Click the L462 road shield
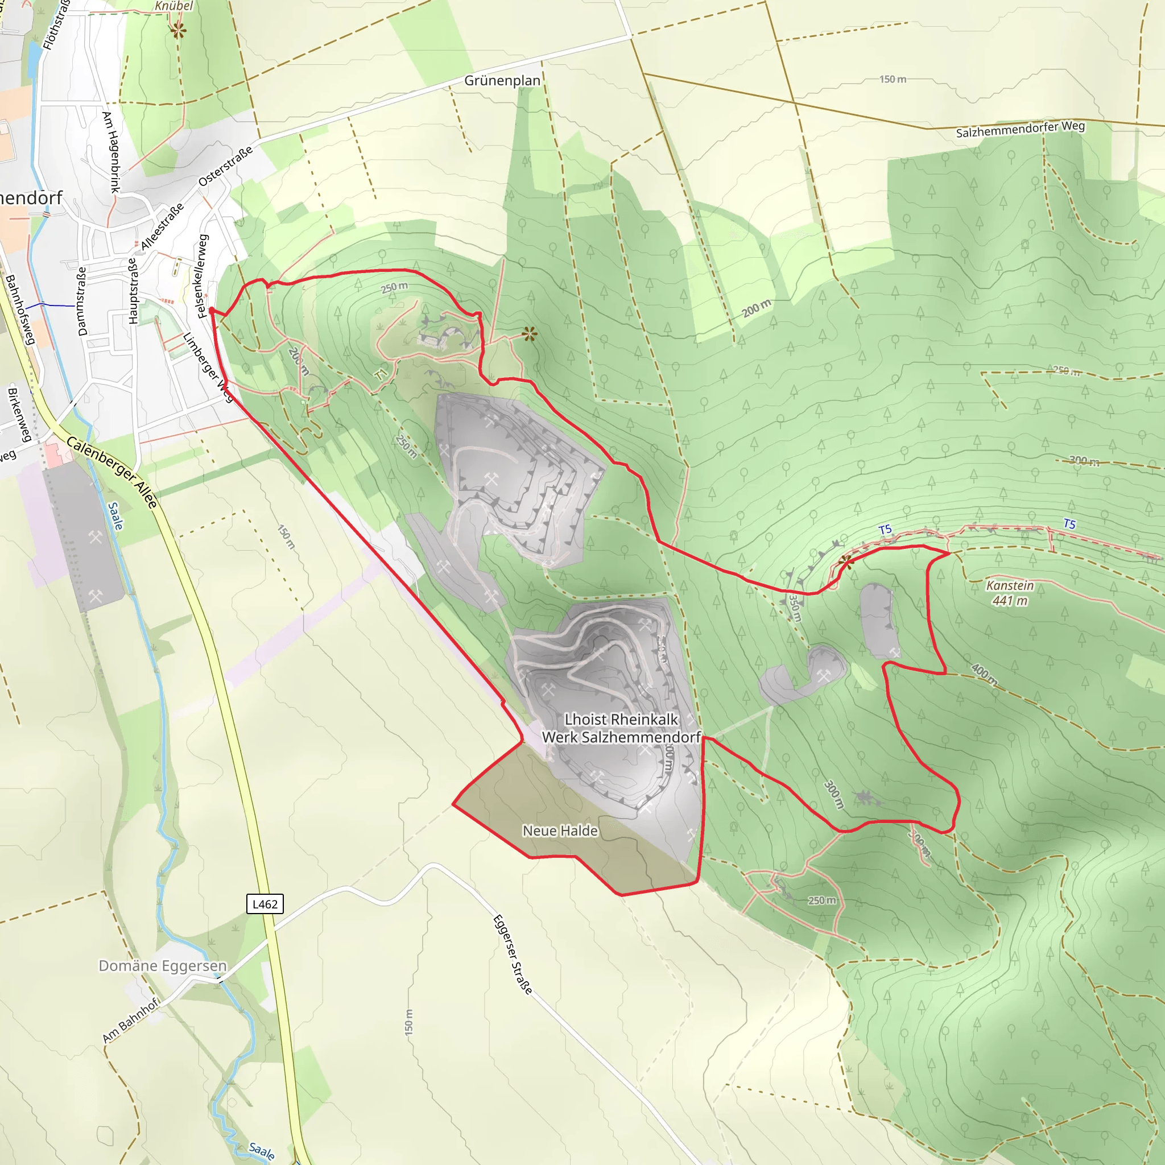coord(265,904)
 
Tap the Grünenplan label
coord(502,80)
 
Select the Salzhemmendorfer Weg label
coord(1021,129)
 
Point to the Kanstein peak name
coord(1010,585)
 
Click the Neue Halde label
coord(560,831)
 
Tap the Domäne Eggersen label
coord(163,965)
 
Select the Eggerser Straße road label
coord(513,955)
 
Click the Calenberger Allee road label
coord(112,472)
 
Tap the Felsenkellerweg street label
coord(203,275)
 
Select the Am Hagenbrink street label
coord(111,152)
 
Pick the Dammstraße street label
coord(82,301)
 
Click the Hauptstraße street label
coord(133,291)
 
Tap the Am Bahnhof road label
coord(131,1020)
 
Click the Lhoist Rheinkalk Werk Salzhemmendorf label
coord(621,728)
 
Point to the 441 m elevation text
coord(1010,601)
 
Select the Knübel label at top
coord(173,6)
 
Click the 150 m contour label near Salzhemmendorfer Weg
coord(893,79)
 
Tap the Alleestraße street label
coord(162,227)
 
